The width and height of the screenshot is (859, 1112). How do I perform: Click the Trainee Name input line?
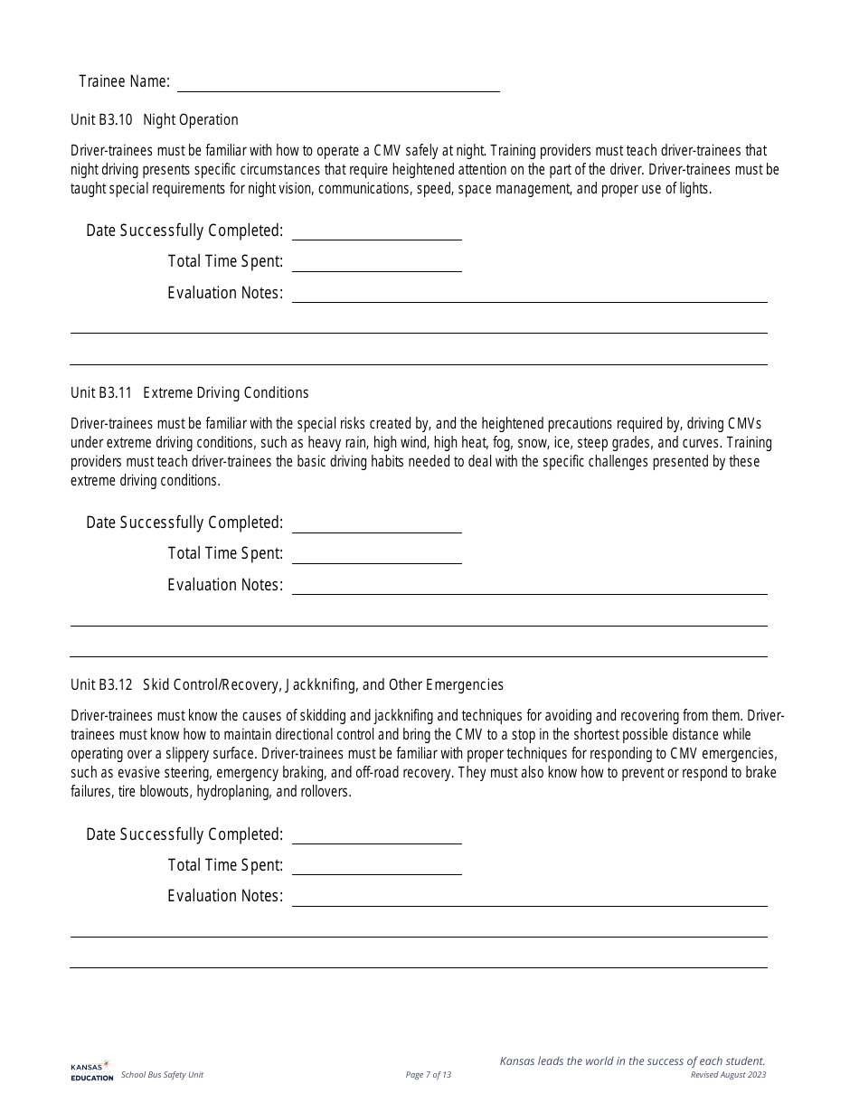pyautogui.click(x=338, y=83)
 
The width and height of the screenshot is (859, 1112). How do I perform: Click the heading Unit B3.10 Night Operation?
pyautogui.click(x=155, y=120)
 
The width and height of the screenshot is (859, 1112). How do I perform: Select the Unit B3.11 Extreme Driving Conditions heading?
pyautogui.click(x=190, y=393)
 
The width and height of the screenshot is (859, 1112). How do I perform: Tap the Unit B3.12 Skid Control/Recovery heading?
pyautogui.click(x=287, y=685)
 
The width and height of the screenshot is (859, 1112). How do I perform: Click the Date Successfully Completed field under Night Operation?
pyautogui.click(x=376, y=231)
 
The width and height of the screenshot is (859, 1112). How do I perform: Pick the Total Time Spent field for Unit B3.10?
pyautogui.click(x=376, y=262)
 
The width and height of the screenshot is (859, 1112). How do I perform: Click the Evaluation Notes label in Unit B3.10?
pyautogui.click(x=225, y=293)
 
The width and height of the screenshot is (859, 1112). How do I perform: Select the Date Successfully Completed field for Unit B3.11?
pyautogui.click(x=376, y=523)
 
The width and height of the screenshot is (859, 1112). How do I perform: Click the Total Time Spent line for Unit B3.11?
pyautogui.click(x=376, y=554)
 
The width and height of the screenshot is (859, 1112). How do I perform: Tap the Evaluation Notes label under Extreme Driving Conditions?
pyautogui.click(x=225, y=585)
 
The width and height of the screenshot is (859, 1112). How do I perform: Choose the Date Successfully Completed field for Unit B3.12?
pyautogui.click(x=376, y=834)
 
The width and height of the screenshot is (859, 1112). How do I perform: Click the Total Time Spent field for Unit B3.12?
pyautogui.click(x=376, y=866)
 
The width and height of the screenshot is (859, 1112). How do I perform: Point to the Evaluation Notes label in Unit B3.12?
pyautogui.click(x=225, y=896)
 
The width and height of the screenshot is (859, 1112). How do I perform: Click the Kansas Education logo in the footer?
pyautogui.click(x=91, y=1070)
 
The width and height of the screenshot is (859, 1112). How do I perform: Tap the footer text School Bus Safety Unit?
pyautogui.click(x=162, y=1075)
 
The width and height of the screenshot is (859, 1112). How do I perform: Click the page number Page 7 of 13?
pyautogui.click(x=429, y=1075)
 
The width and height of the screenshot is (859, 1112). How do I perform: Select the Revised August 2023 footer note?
pyautogui.click(x=728, y=1075)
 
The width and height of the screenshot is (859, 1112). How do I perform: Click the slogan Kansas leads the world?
pyautogui.click(x=632, y=1061)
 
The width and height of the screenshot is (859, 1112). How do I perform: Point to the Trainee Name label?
pyautogui.click(x=124, y=82)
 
